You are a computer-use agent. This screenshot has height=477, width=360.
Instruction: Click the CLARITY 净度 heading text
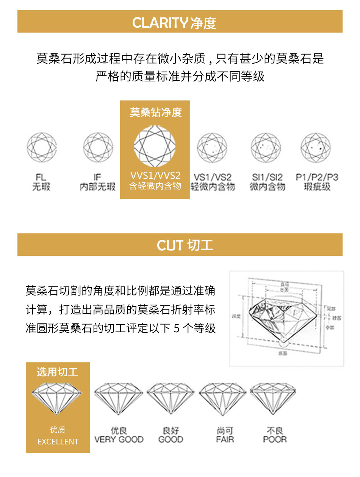tap(174, 23)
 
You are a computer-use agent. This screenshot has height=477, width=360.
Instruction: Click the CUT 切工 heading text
tap(185, 246)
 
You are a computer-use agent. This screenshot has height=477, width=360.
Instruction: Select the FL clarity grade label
tap(41, 177)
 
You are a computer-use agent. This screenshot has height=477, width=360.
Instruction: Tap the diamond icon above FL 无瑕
tap(41, 147)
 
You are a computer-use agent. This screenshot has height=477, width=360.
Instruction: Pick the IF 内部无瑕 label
tap(97, 182)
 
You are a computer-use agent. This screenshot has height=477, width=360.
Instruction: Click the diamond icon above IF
tap(98, 147)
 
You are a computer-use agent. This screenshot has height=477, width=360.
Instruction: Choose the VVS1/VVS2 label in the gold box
tap(155, 176)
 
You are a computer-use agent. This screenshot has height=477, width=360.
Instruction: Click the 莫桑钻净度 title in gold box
tap(155, 112)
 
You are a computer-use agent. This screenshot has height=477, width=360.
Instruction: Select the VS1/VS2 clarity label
tap(213, 177)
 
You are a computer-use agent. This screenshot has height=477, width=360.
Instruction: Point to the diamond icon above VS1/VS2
tap(212, 148)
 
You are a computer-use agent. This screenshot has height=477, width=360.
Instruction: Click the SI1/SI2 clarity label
tap(267, 177)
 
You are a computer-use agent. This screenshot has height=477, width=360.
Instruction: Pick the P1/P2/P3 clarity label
tap(317, 177)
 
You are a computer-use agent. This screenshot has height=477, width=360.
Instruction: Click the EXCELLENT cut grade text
tap(58, 442)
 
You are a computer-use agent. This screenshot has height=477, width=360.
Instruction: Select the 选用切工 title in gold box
tap(58, 372)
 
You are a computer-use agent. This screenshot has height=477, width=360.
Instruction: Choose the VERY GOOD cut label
tap(119, 439)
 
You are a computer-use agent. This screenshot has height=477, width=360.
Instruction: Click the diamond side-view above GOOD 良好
tap(170, 398)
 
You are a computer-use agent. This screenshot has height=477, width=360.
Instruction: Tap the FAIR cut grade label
tap(225, 439)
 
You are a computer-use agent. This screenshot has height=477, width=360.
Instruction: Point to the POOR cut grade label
tap(275, 439)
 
